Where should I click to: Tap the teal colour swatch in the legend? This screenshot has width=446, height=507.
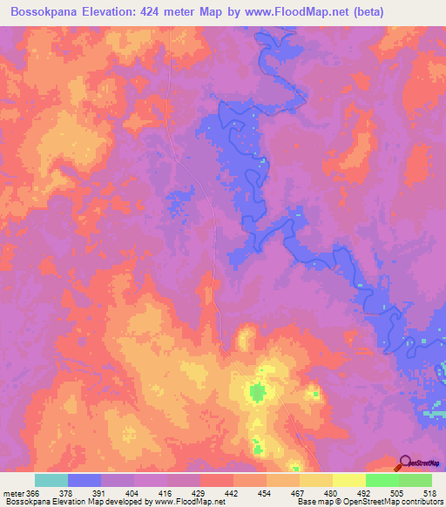point(51,480)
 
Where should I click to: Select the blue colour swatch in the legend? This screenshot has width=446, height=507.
point(84,480)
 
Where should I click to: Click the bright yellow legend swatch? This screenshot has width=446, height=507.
point(349,480)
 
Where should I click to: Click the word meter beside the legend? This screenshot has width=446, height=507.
point(15,492)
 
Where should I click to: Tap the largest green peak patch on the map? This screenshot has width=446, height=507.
point(257,392)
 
